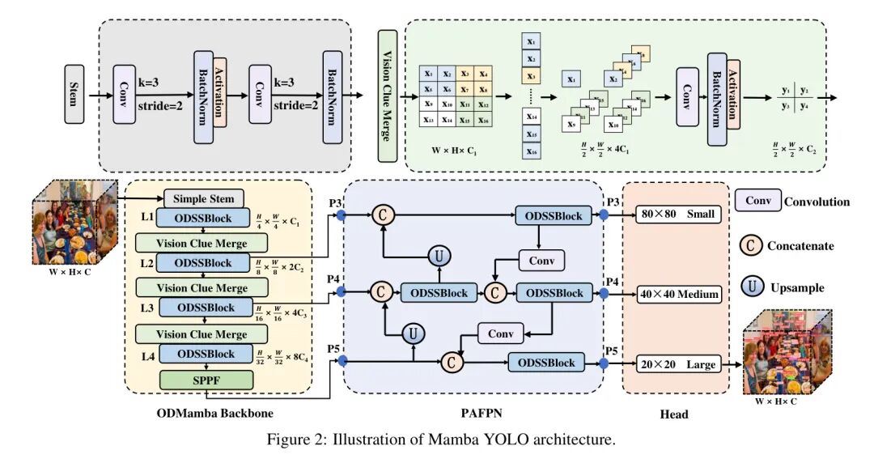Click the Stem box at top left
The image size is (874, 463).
click(x=74, y=94)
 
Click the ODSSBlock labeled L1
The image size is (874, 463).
click(x=203, y=219)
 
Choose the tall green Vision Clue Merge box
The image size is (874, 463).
click(x=388, y=96)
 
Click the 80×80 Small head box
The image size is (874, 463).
click(x=677, y=215)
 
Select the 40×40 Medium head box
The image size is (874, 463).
click(x=678, y=294)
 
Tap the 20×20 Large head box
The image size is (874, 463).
click(x=678, y=364)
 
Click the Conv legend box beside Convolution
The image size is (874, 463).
click(x=757, y=201)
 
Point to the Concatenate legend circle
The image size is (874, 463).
click(x=752, y=244)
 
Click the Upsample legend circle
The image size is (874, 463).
click(x=752, y=287)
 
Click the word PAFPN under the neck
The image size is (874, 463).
click(x=482, y=414)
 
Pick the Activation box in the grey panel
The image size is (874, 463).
click(x=219, y=92)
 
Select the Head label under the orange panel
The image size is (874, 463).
click(x=674, y=414)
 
